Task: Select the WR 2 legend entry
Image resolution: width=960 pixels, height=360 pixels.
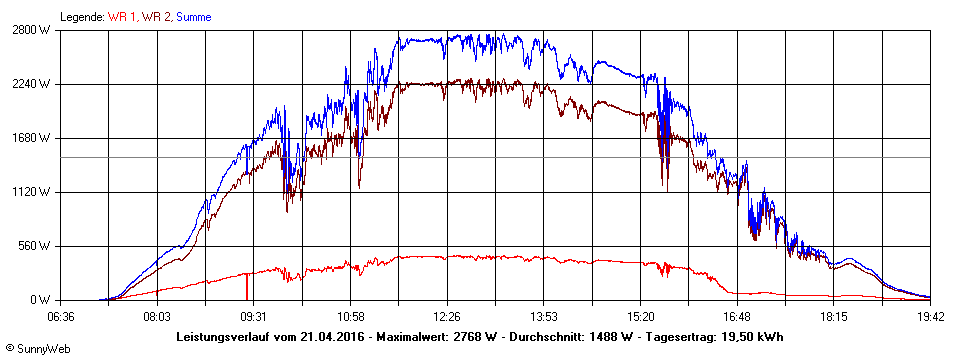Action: [x=156, y=17]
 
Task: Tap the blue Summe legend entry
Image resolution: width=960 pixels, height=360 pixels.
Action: [x=194, y=17]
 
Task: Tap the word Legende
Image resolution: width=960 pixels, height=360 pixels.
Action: [x=81, y=17]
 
